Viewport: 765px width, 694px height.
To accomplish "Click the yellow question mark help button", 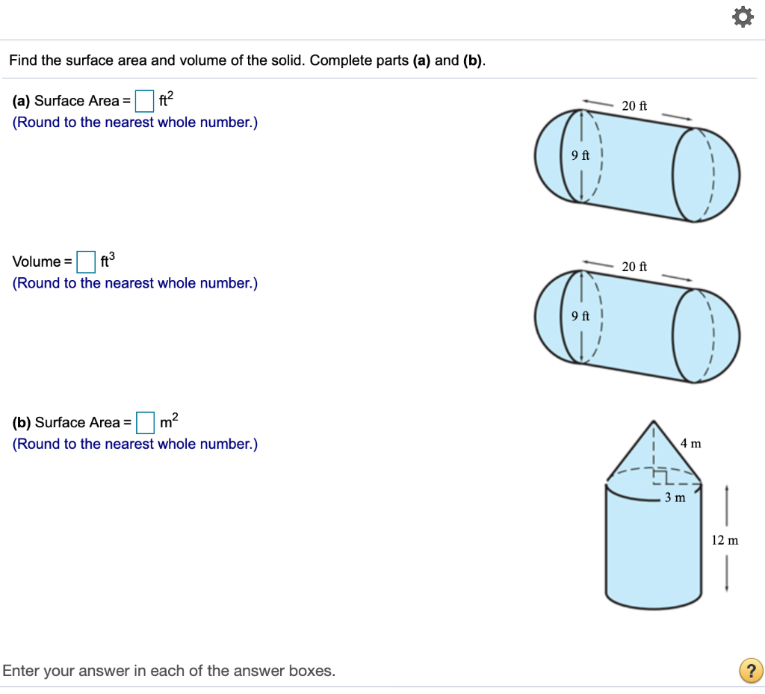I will click(750, 669).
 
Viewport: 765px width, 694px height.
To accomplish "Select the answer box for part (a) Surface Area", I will click(145, 100).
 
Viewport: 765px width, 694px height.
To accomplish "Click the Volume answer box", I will click(87, 261).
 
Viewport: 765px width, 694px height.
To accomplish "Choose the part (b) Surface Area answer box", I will click(145, 422).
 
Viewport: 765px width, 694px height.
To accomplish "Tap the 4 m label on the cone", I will click(691, 443).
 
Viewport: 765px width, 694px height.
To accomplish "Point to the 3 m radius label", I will click(675, 498).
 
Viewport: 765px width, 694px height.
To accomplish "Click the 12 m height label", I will click(725, 539).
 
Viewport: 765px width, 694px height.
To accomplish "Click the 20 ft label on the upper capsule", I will click(634, 105).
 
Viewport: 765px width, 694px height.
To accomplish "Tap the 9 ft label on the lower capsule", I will click(580, 316).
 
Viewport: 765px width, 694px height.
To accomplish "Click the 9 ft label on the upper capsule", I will click(580, 155).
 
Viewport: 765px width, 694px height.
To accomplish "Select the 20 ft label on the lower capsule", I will click(634, 266).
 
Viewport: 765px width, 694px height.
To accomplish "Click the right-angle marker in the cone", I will click(660, 476).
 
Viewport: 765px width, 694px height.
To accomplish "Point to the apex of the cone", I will click(654, 421).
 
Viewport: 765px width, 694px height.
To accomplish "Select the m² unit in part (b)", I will click(169, 421).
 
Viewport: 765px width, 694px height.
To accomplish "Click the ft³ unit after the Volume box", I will click(108, 260).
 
